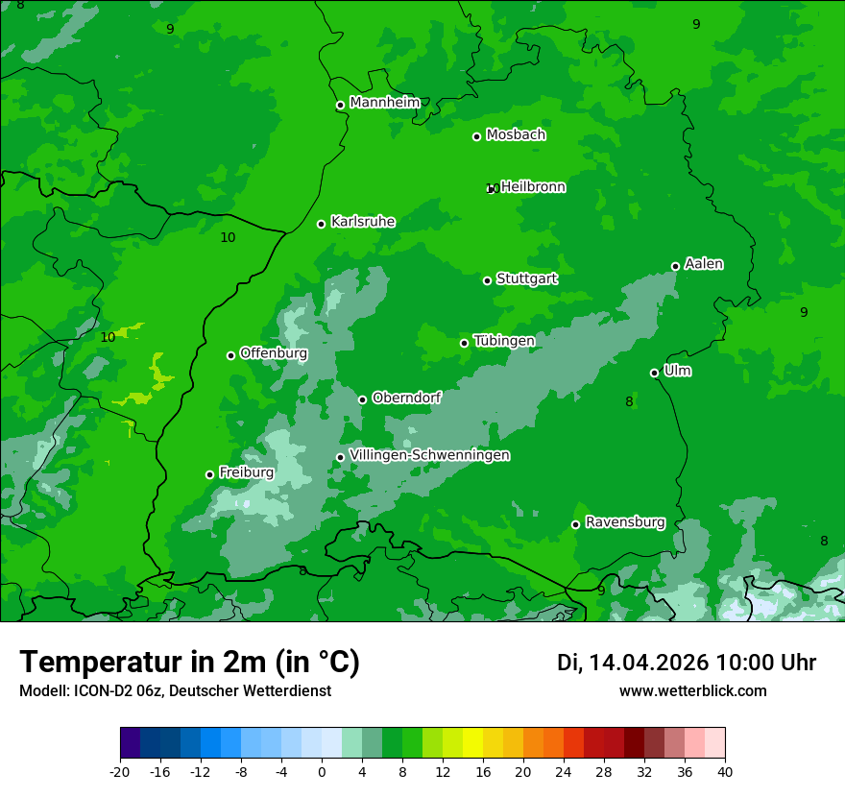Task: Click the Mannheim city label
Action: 385,103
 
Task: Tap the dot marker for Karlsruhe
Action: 322,224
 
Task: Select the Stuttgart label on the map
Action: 527,278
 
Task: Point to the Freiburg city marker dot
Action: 210,474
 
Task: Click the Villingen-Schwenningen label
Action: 429,455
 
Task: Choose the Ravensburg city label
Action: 625,522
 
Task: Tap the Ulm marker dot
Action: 655,373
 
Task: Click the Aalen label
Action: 704,264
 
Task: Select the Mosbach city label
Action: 516,135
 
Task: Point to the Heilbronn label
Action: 533,187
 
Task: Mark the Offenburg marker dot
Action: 231,355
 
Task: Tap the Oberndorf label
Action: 406,398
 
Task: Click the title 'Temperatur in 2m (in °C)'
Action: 189,662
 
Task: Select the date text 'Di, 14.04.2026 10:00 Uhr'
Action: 687,663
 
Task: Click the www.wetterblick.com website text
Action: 692,690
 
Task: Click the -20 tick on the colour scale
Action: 120,772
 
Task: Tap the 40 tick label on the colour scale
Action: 725,772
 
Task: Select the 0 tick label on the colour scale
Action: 322,772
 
